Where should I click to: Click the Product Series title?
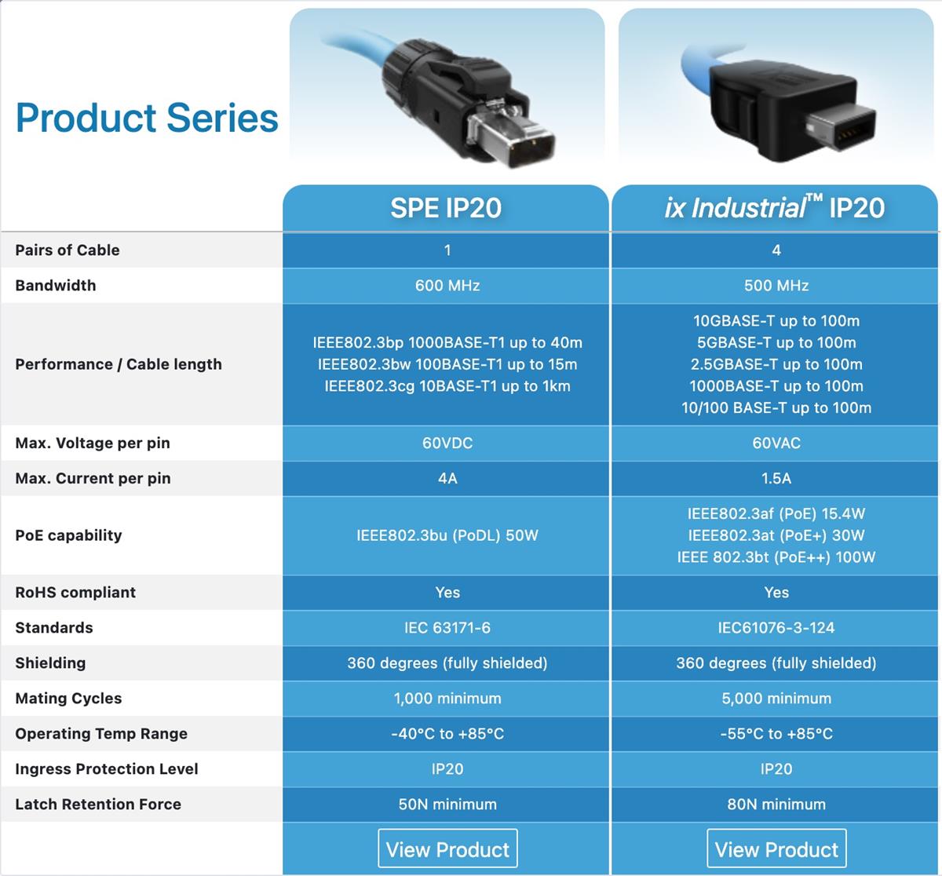(x=147, y=118)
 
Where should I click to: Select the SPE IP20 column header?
(x=446, y=207)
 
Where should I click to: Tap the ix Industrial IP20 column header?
(x=775, y=207)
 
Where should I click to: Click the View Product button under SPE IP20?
(x=447, y=849)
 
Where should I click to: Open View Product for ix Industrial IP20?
(x=776, y=849)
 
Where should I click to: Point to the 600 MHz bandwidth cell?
(x=447, y=286)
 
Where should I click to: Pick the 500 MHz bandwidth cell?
(x=776, y=286)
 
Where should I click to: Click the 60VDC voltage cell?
(x=447, y=443)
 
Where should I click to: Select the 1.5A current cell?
(x=776, y=479)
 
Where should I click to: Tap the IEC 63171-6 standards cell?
(x=447, y=628)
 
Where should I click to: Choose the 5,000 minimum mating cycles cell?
(x=776, y=699)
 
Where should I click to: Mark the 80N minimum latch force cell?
(x=776, y=805)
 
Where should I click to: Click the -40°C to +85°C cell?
(x=447, y=734)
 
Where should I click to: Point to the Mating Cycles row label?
(x=68, y=699)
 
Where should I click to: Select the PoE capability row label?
(x=68, y=535)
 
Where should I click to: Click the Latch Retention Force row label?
(x=98, y=805)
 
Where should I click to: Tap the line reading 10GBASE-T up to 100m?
(x=776, y=321)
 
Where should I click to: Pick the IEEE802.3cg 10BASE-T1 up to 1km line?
(x=447, y=386)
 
